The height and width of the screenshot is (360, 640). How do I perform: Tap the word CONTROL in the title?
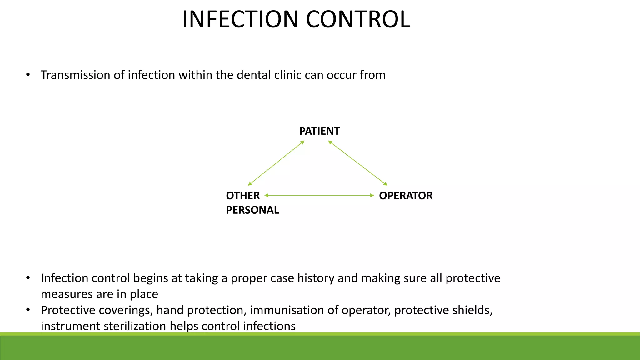[x=358, y=19]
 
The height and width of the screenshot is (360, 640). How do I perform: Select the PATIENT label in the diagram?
[x=319, y=131]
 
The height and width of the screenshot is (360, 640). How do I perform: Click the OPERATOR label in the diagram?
[x=406, y=196]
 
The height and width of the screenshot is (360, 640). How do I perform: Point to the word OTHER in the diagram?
[x=243, y=196]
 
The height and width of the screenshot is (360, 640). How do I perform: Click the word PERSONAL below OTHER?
[x=252, y=210]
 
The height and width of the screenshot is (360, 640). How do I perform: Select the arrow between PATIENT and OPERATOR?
[x=358, y=163]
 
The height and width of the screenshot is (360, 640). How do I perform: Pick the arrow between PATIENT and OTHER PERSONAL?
[x=276, y=163]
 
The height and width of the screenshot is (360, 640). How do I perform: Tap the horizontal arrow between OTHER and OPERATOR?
[x=319, y=195]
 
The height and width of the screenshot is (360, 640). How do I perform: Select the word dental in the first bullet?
[x=253, y=75]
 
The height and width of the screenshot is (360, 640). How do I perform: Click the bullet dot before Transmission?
[x=28, y=75]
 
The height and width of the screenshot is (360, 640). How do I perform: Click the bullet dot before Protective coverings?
[x=28, y=310]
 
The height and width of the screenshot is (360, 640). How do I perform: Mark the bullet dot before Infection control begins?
[x=28, y=278]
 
